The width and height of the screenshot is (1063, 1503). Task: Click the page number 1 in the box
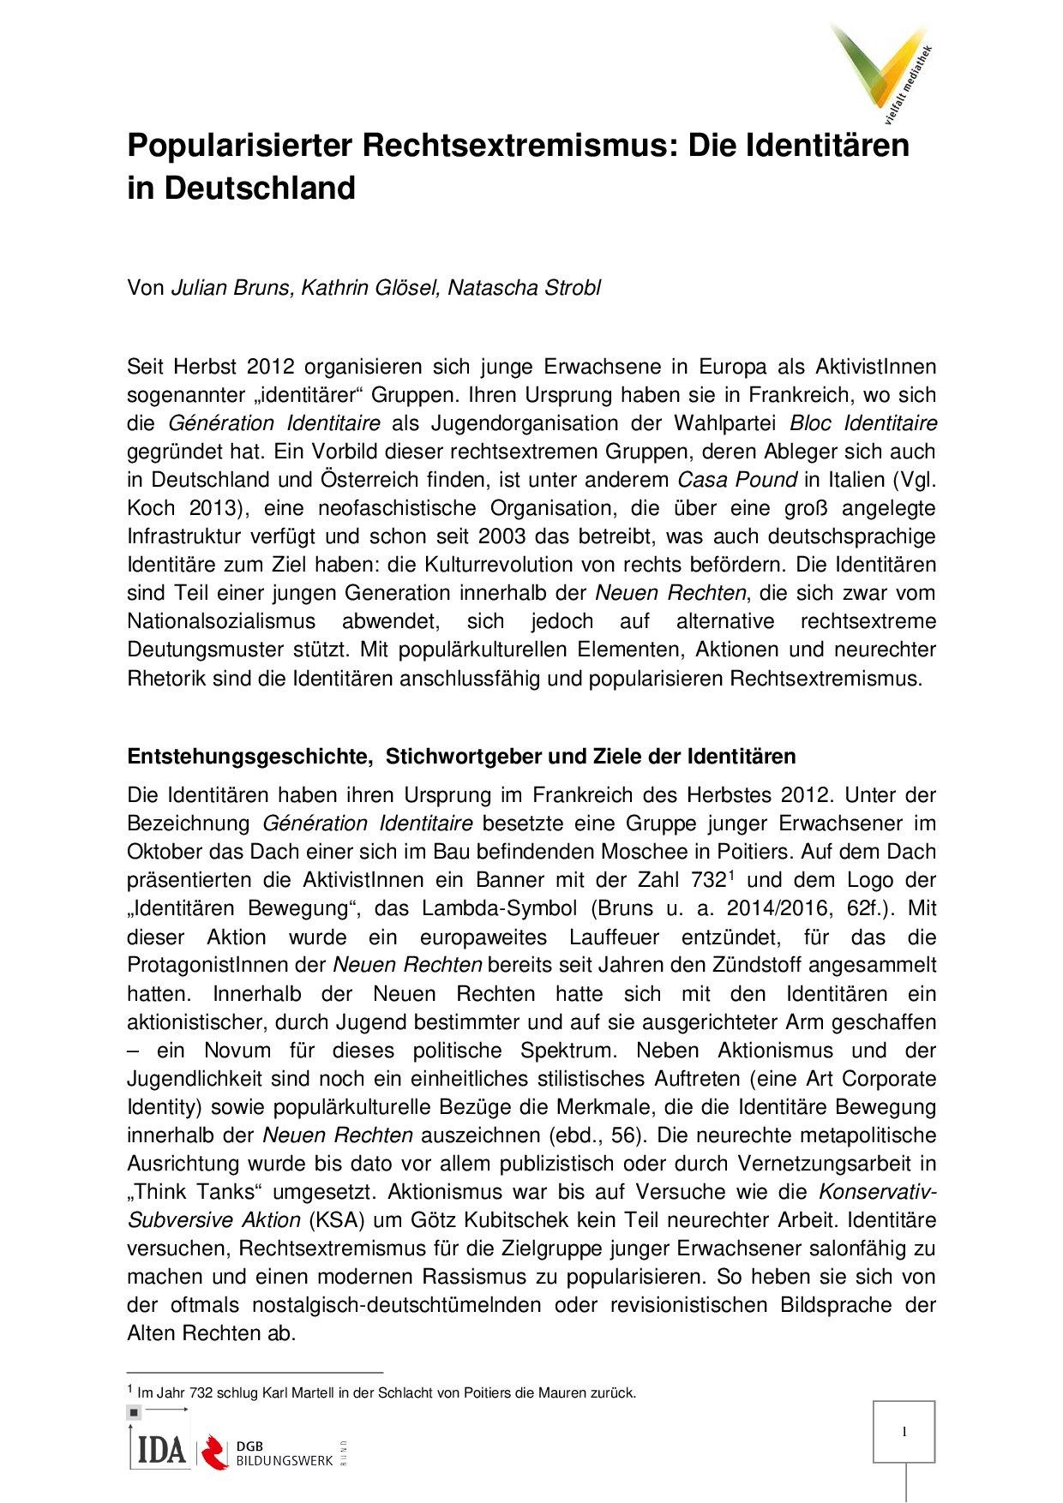[x=904, y=1432]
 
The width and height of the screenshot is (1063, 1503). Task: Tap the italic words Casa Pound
[x=737, y=480]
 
